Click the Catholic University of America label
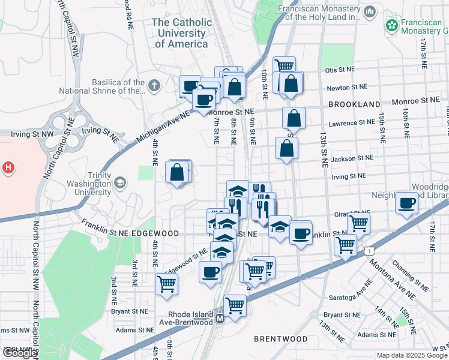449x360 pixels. click(x=181, y=33)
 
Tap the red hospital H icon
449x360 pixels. click(x=8, y=167)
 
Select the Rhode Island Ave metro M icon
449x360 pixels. click(x=220, y=318)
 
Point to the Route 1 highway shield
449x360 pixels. click(x=371, y=249)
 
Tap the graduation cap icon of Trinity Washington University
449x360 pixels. click(x=120, y=182)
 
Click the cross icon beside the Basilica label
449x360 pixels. click(x=154, y=86)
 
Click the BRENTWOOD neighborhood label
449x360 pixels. click(x=280, y=339)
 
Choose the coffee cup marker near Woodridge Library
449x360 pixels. click(x=407, y=203)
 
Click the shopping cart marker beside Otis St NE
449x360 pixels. click(x=284, y=66)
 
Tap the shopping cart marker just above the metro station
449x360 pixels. click(x=235, y=305)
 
